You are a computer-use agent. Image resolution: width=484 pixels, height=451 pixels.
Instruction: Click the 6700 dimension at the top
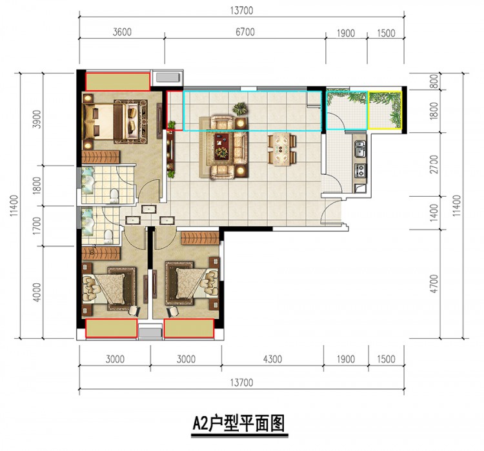[245, 32]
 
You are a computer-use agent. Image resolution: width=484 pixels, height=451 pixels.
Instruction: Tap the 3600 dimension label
[122, 32]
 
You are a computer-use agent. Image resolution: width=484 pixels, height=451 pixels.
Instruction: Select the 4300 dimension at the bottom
[272, 359]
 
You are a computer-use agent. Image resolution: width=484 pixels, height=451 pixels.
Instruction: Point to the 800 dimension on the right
[434, 81]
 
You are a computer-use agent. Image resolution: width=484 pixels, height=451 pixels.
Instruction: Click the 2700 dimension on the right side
[434, 165]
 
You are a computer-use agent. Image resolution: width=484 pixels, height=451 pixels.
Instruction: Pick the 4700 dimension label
[434, 284]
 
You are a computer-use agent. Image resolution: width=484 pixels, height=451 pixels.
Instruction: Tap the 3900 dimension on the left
[36, 119]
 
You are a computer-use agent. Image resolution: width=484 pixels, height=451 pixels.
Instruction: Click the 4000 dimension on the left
[36, 292]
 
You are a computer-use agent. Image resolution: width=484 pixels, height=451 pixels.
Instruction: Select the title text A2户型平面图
[239, 423]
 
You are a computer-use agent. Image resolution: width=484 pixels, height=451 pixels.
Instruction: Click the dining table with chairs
[282, 149]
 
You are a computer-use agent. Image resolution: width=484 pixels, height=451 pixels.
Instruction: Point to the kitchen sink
[360, 148]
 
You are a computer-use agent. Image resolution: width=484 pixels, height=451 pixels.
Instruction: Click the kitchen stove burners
[360, 170]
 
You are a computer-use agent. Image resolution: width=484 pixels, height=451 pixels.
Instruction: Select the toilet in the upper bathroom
[114, 196]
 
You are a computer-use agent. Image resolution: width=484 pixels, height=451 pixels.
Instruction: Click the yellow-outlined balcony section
[385, 110]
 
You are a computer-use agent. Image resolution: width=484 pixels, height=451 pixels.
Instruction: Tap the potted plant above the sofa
[240, 108]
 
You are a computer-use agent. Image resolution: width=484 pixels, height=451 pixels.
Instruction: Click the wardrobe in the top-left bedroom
[101, 157]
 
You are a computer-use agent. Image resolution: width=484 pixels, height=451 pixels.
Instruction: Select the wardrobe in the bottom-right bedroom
[200, 237]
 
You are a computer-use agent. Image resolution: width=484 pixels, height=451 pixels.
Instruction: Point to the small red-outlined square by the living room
[175, 110]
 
